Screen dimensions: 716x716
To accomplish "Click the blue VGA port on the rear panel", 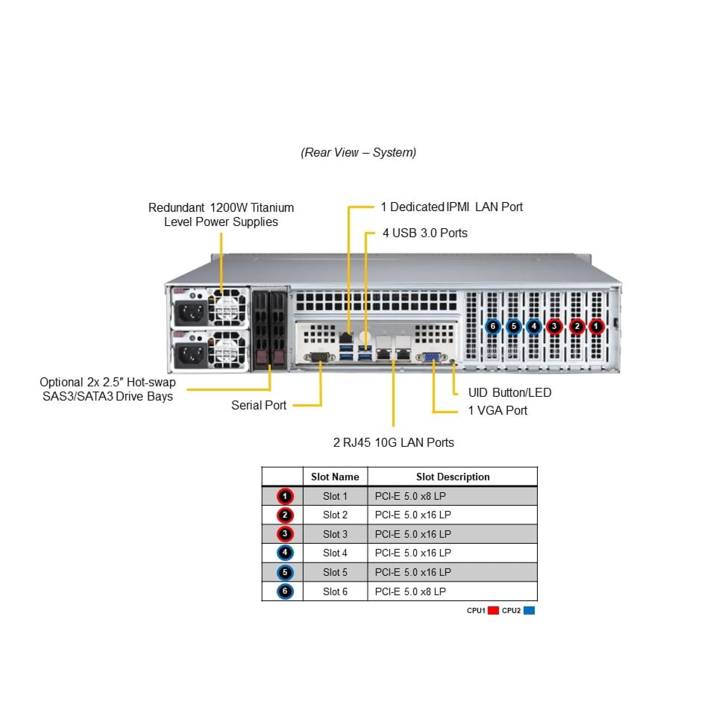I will pyautogui.click(x=432, y=357).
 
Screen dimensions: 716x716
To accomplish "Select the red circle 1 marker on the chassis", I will pyautogui.click(x=596, y=327).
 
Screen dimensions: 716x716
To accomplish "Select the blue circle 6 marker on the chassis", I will pyautogui.click(x=493, y=327).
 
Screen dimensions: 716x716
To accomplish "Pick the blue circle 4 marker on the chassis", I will pyautogui.click(x=534, y=327).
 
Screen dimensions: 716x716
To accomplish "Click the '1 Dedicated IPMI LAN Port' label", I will pyautogui.click(x=451, y=207).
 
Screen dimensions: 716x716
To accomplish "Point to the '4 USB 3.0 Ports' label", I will pyautogui.click(x=425, y=233).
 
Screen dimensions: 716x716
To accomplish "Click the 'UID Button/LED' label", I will pyautogui.click(x=509, y=392).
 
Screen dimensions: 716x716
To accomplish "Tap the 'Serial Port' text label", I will pyautogui.click(x=258, y=405).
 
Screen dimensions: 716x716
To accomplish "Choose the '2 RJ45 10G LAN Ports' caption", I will pyautogui.click(x=393, y=442).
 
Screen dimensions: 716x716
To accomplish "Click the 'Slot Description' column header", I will pyautogui.click(x=452, y=477).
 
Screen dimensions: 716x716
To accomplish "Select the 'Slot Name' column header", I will pyautogui.click(x=335, y=477).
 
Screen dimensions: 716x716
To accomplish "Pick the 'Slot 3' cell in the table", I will pyautogui.click(x=335, y=534).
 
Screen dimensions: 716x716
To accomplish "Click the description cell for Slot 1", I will pyautogui.click(x=410, y=496).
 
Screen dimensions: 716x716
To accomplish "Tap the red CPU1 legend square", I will pyautogui.click(x=493, y=610).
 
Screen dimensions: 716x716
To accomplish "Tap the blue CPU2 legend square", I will pyautogui.click(x=529, y=610).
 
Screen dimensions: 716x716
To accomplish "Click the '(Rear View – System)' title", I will pyautogui.click(x=358, y=152).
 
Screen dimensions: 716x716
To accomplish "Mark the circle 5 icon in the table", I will pyautogui.click(x=285, y=572).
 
